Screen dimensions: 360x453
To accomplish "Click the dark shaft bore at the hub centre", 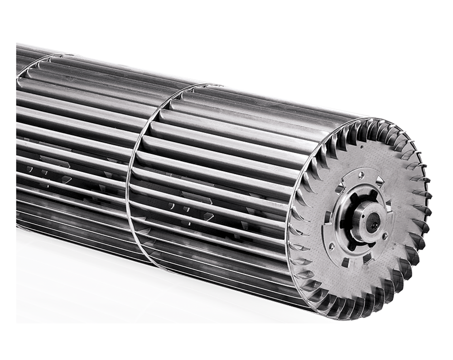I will tap(373, 222).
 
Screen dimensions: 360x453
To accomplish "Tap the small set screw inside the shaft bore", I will tap(375, 226).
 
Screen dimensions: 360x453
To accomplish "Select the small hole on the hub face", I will tap(363, 216).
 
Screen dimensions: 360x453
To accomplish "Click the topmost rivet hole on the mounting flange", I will tap(361, 175).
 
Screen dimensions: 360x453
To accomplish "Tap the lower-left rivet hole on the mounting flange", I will tap(332, 246).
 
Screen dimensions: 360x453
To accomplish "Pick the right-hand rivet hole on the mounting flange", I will tap(385, 236).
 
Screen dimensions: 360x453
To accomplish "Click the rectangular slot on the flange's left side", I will tap(328, 217).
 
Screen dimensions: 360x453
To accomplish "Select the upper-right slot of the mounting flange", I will tap(380, 182).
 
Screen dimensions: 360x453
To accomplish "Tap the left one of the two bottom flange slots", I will tap(346, 262).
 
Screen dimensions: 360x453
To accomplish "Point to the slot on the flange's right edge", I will tap(389, 205).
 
